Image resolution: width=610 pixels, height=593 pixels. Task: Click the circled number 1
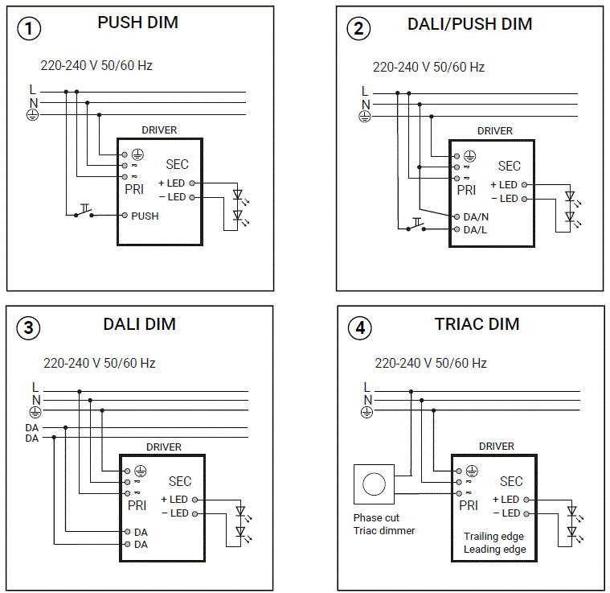[29, 29]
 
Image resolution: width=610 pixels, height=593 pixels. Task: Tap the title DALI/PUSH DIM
[469, 24]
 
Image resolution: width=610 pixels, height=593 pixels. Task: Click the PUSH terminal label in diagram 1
[145, 216]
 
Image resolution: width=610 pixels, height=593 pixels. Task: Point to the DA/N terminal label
[476, 216]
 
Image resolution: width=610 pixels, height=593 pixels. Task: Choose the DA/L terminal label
[476, 229]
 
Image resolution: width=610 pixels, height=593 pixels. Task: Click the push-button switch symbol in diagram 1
[83, 213]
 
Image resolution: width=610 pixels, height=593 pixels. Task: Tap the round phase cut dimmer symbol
[374, 484]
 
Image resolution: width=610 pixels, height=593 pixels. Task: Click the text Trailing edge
[493, 537]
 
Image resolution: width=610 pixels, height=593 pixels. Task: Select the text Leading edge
[494, 550]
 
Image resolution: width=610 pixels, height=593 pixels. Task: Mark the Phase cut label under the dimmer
[376, 518]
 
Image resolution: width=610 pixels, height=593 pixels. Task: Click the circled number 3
[29, 328]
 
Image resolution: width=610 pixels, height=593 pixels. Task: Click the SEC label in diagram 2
[510, 167]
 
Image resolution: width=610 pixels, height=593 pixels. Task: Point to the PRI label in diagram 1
[134, 190]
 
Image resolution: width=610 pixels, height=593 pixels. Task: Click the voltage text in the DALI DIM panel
[100, 363]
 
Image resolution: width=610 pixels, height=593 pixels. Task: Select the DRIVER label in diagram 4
[496, 446]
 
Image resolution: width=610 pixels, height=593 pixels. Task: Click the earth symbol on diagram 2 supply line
[364, 117]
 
